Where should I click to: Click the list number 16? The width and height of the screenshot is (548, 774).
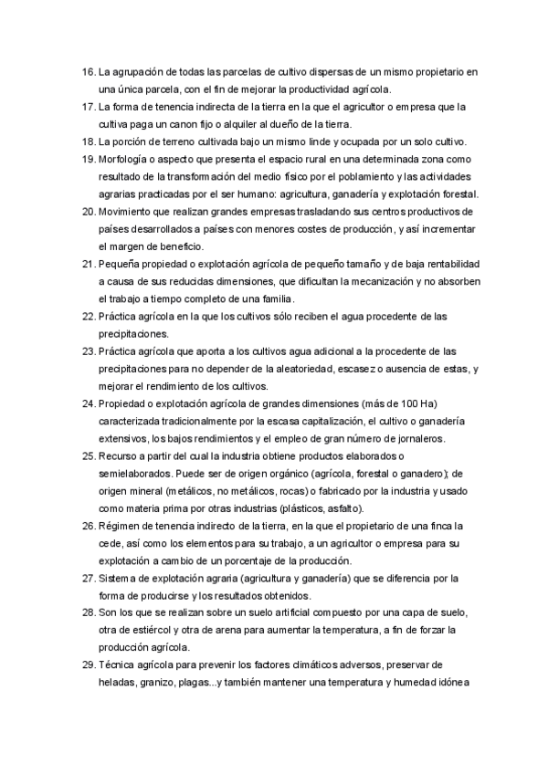(88, 71)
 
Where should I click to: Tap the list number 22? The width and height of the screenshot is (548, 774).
(88, 316)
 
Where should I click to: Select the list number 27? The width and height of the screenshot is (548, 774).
(88, 578)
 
